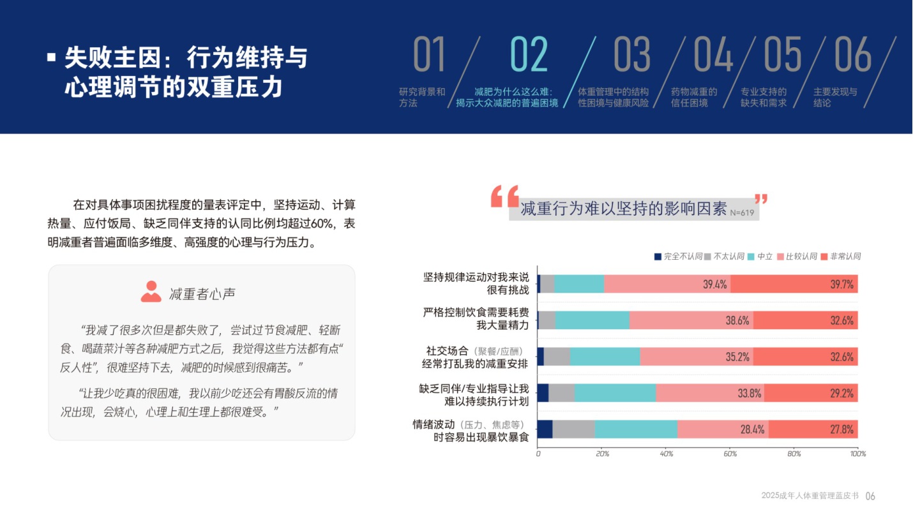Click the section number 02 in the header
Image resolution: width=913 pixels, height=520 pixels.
(x=529, y=55)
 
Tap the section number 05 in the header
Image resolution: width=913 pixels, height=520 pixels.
(x=782, y=55)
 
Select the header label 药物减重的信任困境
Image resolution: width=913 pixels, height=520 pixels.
(x=694, y=97)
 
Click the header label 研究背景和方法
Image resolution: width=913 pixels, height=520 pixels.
(x=422, y=97)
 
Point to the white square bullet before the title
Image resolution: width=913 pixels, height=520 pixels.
(x=52, y=57)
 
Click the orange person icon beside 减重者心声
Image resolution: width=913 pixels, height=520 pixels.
(x=151, y=292)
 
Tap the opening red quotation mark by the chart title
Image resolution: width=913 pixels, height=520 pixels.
(x=504, y=197)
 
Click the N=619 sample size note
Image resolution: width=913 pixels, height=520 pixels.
(x=743, y=212)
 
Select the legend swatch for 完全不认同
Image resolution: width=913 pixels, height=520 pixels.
(x=658, y=256)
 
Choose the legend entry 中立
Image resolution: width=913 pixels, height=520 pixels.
(x=760, y=256)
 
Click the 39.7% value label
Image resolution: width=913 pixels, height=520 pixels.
(x=841, y=285)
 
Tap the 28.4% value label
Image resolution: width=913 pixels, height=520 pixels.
(x=752, y=429)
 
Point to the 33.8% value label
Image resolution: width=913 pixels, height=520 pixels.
(x=750, y=393)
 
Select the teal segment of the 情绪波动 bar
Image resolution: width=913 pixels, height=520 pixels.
(x=636, y=429)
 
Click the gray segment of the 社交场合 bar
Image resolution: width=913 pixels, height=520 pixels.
(x=557, y=357)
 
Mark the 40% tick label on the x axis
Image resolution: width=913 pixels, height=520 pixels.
(x=666, y=454)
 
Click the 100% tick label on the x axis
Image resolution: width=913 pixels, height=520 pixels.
(x=857, y=454)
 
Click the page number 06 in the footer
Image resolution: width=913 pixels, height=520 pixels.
(x=870, y=496)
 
